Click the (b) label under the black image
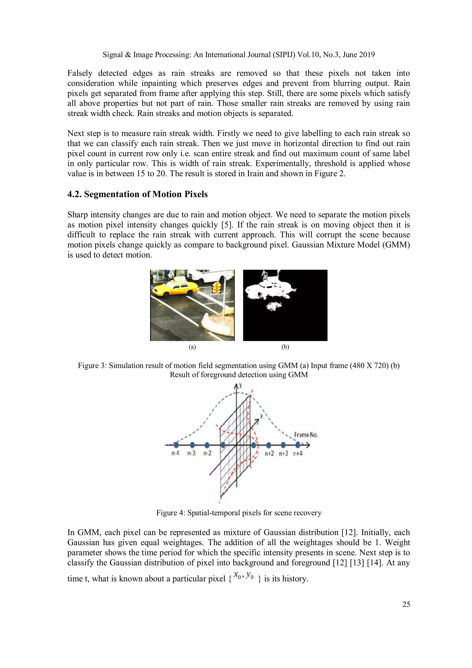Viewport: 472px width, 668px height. click(285, 347)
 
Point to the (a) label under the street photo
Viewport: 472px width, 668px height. click(192, 347)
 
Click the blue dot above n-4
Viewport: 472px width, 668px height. click(176, 445)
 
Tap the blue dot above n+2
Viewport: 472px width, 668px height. click(268, 445)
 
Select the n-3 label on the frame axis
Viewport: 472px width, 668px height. click(191, 453)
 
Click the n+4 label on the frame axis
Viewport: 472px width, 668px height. click(298, 453)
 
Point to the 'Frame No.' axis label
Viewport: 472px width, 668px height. click(306, 435)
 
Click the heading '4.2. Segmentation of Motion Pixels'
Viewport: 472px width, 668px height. click(137, 194)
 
